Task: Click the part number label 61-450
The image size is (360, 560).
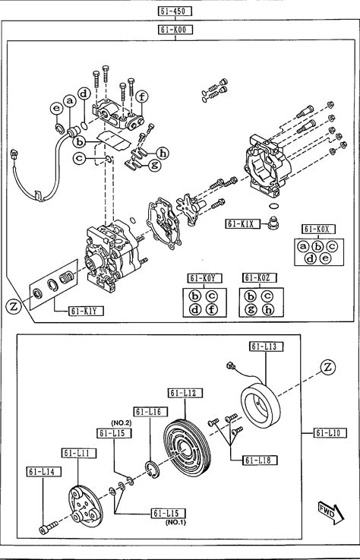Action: tap(175, 11)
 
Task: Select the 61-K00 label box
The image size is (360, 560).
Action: tap(175, 30)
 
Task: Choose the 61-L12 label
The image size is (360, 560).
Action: tap(185, 393)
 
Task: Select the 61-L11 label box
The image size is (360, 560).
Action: tap(78, 453)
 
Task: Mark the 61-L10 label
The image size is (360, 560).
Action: tap(330, 433)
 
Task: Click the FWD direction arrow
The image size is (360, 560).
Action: tap(330, 513)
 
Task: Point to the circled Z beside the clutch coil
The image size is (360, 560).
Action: tap(328, 368)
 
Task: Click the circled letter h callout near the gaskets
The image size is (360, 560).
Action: tap(163, 153)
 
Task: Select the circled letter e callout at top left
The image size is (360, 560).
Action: tap(56, 109)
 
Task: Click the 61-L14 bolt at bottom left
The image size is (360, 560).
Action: tap(48, 528)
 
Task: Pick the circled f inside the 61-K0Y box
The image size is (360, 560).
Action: tap(212, 309)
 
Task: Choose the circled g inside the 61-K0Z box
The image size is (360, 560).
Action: tap(251, 310)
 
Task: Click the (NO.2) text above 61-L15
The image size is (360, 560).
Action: tap(122, 423)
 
